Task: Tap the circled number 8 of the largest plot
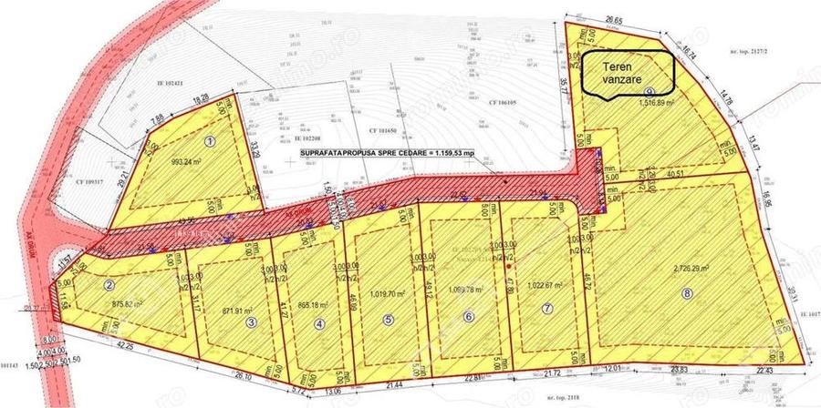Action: pos(687,293)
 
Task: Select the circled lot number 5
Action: pos(389,319)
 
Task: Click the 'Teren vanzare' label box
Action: pos(629,72)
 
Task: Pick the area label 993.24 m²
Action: pos(191,165)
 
